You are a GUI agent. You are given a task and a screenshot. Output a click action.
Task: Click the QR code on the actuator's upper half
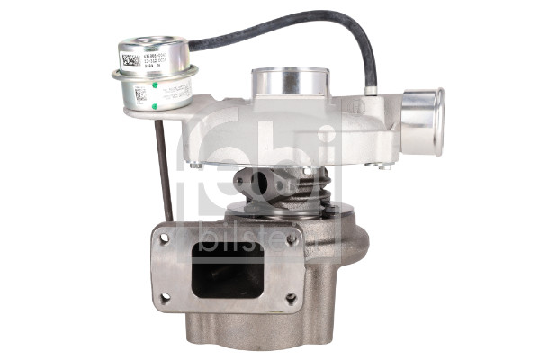[130, 60]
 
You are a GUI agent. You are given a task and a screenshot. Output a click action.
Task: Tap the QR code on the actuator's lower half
[141, 93]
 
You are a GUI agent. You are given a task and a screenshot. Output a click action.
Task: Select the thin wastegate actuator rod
[164, 166]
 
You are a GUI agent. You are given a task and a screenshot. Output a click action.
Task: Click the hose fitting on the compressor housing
[371, 88]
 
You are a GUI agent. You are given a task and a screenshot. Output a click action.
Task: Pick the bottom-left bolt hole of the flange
[164, 298]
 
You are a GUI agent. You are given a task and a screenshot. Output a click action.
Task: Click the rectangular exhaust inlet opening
[228, 267]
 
